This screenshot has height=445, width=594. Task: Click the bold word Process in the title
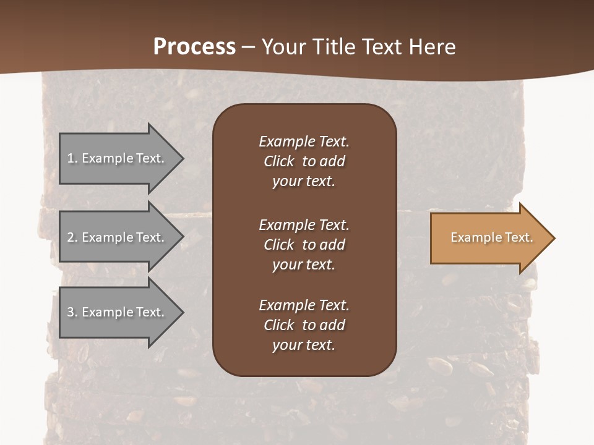[x=194, y=47]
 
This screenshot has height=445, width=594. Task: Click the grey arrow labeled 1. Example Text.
[x=115, y=158]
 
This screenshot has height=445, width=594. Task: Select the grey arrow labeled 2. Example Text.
[x=115, y=237]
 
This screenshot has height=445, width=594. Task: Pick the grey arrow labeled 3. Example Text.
[x=115, y=312]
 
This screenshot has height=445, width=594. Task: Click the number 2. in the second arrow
[x=72, y=237]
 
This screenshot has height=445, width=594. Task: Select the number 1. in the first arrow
[x=72, y=158]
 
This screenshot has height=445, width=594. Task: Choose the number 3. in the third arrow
[x=72, y=312]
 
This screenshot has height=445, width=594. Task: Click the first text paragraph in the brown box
[x=304, y=161]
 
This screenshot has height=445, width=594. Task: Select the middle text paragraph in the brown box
[x=304, y=244]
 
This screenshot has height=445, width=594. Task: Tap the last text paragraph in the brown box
[x=304, y=325]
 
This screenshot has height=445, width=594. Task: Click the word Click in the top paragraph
[x=279, y=161]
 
